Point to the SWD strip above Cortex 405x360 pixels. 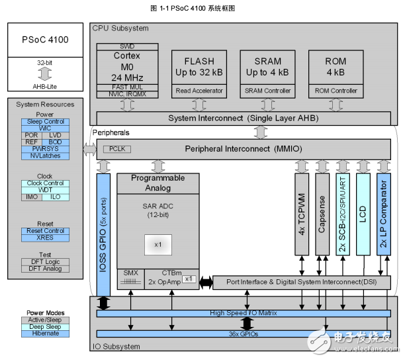click(126, 47)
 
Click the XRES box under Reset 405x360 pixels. click(44, 237)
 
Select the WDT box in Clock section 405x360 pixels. click(44, 190)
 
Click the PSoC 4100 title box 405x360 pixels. click(45, 40)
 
